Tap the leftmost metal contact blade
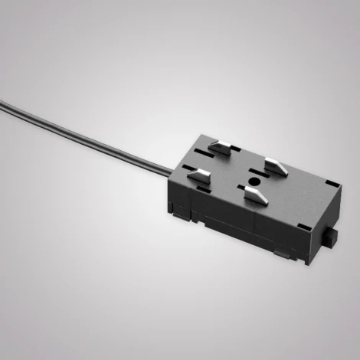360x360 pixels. (x=200, y=175)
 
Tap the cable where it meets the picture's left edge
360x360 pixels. (x=2, y=99)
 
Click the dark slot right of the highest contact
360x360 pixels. (x=234, y=152)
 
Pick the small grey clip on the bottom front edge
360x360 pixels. (x=284, y=251)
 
